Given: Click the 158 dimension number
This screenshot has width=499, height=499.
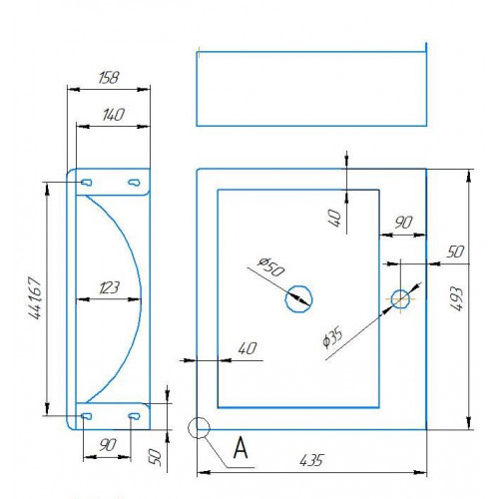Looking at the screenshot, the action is tap(109, 77).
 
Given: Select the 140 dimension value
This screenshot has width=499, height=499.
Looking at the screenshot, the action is tap(113, 115).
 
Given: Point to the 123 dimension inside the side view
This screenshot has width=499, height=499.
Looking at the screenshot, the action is tap(109, 287).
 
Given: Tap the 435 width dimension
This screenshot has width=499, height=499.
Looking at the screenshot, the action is tap(311, 460).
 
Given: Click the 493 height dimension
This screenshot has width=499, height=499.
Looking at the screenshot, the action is tap(457, 298).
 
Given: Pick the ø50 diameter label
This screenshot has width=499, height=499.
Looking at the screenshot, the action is tap(271, 266).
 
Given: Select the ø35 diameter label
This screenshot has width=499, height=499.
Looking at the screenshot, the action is tap(332, 337).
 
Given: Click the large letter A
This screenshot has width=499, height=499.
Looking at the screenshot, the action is tap(241, 448).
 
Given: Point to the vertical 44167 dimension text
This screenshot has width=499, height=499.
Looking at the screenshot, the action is tap(35, 297).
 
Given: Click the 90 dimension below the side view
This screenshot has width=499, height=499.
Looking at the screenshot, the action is tap(108, 445).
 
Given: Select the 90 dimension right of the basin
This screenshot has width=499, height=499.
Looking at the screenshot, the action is tap(403, 223).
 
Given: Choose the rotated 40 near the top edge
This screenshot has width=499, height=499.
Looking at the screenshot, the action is tap(335, 219).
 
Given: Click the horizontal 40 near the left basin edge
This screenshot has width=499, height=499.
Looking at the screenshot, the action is tap(248, 348).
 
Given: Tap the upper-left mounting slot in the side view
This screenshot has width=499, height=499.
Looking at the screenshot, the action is tap(87, 183).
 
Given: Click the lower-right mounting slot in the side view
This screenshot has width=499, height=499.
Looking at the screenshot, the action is tap(134, 416).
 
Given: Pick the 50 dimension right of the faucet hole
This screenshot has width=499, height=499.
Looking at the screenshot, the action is tap(455, 251).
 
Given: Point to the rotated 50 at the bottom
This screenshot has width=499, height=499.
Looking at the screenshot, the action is tap(155, 458).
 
